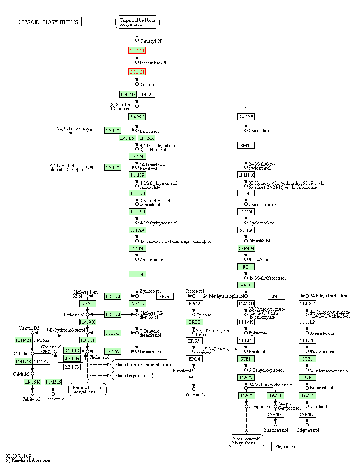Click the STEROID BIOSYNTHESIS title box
(48, 22)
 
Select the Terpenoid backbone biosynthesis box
(137, 22)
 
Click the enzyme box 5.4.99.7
(137, 117)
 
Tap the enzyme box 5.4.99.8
(246, 117)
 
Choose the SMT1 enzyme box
(246, 145)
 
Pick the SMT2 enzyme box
(276, 296)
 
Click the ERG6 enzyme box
(165, 296)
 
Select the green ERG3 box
(194, 322)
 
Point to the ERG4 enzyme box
(194, 359)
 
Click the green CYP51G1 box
(246, 248)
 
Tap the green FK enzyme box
(246, 267)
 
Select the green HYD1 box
(246, 285)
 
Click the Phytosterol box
(285, 447)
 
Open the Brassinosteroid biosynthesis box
(246, 440)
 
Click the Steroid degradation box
(132, 376)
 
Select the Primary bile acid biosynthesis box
(88, 390)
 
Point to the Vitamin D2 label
(195, 395)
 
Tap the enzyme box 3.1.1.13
(71, 351)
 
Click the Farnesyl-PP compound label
(151, 41)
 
